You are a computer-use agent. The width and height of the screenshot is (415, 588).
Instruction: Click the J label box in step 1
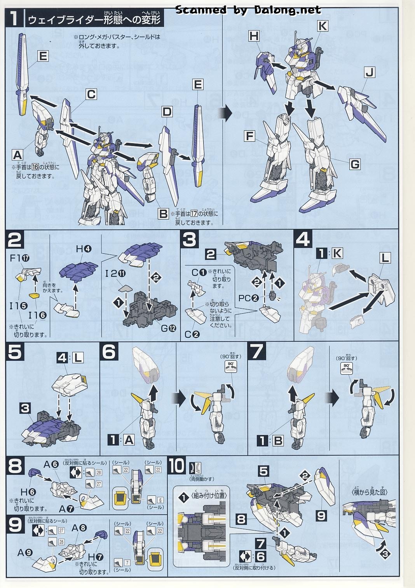coord(371,72)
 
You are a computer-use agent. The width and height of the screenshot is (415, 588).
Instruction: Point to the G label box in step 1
coord(355,165)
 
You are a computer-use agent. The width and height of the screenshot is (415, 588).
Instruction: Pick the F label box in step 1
coord(250,137)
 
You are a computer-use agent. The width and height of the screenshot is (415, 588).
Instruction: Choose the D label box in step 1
coord(167,112)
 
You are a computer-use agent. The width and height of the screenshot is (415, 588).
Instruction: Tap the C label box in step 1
coord(91,95)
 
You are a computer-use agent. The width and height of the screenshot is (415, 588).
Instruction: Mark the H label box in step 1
coord(254,36)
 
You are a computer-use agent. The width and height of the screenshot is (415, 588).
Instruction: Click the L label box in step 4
coord(385,258)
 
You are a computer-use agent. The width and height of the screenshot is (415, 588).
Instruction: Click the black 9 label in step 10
coord(321,516)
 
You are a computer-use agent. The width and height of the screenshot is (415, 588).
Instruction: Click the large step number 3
coord(189,240)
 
